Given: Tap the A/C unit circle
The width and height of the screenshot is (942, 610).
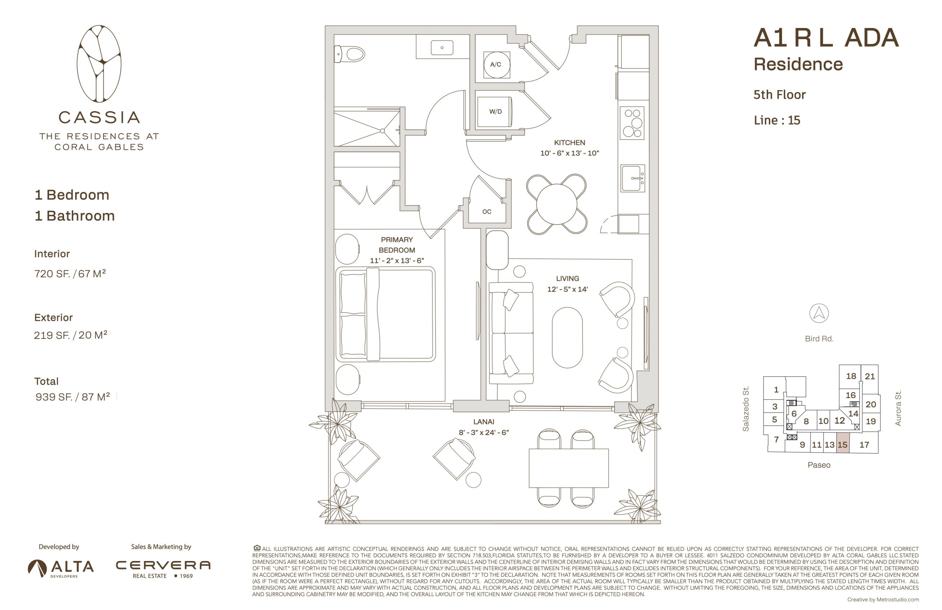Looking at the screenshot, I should coord(496,64).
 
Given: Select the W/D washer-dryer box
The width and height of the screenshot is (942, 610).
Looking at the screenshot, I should coord(495,112).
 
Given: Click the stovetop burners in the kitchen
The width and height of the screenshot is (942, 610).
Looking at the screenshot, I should coord(632,123).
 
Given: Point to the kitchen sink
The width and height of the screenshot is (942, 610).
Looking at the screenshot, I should coord(632,178).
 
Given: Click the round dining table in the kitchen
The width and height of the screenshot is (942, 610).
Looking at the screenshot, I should coord(556,204).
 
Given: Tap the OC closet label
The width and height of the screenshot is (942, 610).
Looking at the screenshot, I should coord(486,212).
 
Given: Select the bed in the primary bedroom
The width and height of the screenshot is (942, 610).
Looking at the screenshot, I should coord(385,315).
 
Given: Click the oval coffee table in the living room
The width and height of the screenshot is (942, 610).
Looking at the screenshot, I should coord(567,337).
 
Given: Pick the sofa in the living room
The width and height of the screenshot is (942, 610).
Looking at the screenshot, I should coord(511,333).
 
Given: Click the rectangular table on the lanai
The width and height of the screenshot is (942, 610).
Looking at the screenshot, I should coord(569,468).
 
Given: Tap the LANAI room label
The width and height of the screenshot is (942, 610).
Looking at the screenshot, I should coord(484,422).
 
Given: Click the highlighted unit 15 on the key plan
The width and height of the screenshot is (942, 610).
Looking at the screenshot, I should coord(842,445).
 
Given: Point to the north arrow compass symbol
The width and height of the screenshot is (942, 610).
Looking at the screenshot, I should coord(819,313).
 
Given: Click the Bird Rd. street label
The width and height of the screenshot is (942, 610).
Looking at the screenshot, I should coord(819,339).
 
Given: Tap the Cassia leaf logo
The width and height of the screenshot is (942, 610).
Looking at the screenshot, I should coord(99,64).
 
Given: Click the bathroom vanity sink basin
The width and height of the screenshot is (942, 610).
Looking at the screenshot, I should coord(442,48).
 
